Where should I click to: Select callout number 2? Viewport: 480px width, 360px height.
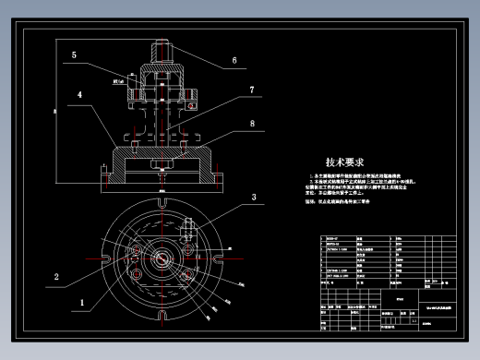(56, 275)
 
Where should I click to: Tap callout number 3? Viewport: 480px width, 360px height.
(251, 198)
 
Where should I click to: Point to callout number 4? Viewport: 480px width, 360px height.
(81, 94)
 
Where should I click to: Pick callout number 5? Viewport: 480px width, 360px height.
(72, 55)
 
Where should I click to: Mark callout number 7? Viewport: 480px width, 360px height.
(250, 90)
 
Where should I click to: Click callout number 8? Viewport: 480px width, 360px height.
(251, 123)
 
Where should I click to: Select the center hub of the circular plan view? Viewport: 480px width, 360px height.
(165, 257)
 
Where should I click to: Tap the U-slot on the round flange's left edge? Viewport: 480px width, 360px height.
(110, 258)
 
